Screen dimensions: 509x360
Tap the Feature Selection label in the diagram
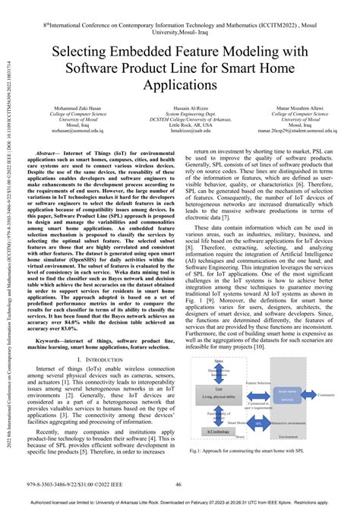coord(257,384)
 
